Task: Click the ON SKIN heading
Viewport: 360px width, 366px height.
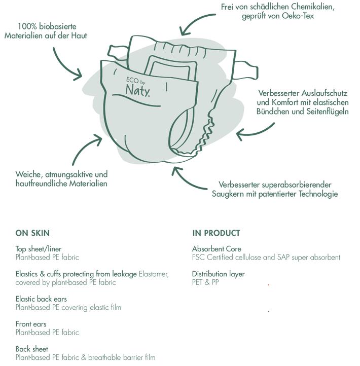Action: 32,233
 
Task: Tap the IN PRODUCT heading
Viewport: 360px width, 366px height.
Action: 216,233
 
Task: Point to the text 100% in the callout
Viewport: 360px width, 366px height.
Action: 26,26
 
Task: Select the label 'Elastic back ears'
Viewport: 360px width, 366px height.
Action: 41,299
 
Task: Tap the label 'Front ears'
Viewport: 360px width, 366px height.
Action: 31,324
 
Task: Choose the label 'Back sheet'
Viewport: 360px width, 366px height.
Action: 32,349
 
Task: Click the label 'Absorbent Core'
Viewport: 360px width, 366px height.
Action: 217,249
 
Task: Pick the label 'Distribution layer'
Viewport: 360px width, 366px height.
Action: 218,274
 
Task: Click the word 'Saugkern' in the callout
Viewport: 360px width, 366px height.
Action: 228,194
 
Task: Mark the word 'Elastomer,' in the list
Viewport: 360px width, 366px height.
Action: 154,274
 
